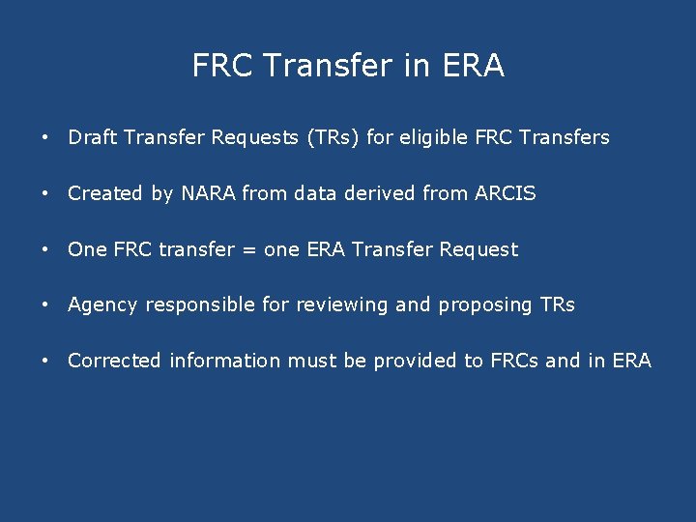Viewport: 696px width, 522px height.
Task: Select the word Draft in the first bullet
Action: click(x=90, y=137)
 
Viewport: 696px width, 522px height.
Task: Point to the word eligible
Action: click(x=434, y=137)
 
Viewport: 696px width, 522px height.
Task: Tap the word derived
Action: click(x=380, y=193)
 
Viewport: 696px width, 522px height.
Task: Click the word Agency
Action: click(x=103, y=305)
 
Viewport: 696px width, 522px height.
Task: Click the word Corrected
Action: click(x=114, y=362)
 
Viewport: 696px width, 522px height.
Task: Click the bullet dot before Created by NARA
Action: click(x=44, y=193)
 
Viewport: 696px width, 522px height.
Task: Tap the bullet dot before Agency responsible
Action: click(x=44, y=305)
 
